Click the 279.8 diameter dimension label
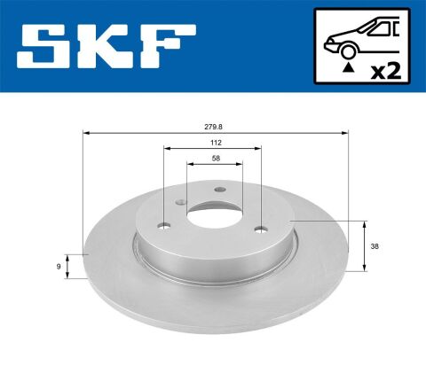(213, 127)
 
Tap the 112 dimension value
(216, 143)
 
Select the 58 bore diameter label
(216, 159)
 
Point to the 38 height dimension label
(375, 246)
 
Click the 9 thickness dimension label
(59, 267)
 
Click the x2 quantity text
(386, 72)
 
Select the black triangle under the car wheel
(349, 67)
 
